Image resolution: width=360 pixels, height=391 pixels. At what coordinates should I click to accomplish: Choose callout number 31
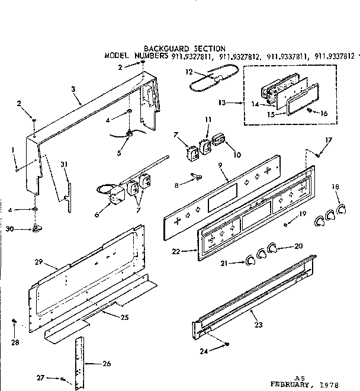click(64, 164)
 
